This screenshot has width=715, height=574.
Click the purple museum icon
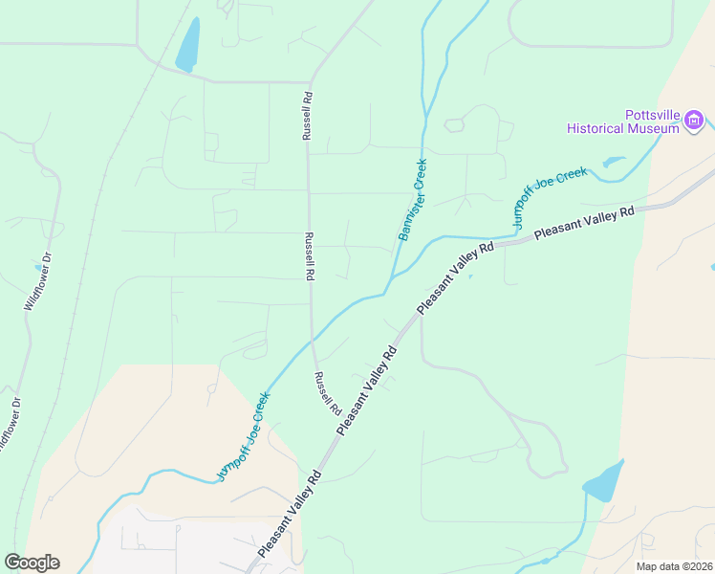(693, 121)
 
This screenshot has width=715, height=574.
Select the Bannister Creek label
(413, 199)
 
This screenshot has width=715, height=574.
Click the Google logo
(32, 563)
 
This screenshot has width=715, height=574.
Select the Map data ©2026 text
(673, 566)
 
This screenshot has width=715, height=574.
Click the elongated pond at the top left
(188, 45)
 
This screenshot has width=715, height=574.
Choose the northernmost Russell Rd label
(308, 116)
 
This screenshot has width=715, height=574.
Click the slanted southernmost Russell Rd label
(328, 392)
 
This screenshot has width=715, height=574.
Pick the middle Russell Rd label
(309, 255)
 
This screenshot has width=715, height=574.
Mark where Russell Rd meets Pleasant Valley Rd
(339, 432)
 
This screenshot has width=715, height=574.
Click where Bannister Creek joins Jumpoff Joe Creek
(387, 284)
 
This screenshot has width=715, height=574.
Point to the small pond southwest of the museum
(613, 162)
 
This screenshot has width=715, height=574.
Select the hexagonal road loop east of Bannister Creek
(454, 124)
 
